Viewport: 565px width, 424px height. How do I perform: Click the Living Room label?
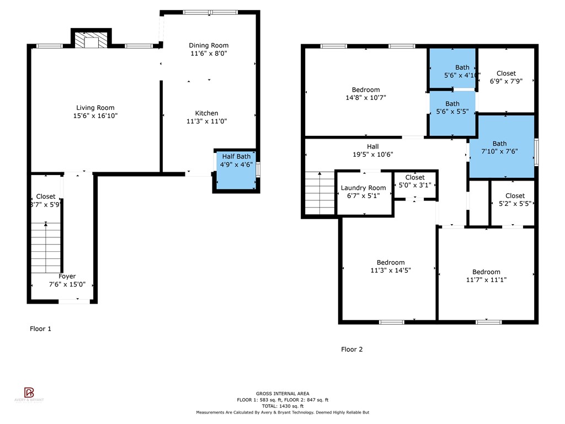pos(95,108)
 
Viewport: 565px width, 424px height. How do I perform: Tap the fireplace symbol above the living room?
pos(91,41)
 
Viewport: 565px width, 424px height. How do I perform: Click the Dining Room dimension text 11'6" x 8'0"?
pos(208,54)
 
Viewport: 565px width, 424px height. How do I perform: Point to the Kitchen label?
pos(207,113)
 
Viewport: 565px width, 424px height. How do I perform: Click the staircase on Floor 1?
pos(46,247)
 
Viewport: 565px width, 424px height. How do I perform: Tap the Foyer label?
pos(67,276)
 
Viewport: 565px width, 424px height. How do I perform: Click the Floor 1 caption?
pos(40,328)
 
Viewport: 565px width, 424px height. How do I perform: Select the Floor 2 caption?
pos(351,349)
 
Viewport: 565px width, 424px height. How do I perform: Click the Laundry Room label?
pos(363,188)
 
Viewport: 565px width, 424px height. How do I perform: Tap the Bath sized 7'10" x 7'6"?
pos(501,147)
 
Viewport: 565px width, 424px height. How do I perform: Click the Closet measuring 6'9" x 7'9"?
pos(506,77)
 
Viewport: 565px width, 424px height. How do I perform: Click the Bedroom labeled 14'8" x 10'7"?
pos(366,94)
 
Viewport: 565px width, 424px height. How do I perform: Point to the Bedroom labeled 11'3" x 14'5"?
pos(390,266)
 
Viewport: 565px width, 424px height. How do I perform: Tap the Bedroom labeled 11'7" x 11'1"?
pos(486,275)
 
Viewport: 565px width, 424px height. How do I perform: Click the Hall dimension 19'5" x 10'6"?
pos(373,155)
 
